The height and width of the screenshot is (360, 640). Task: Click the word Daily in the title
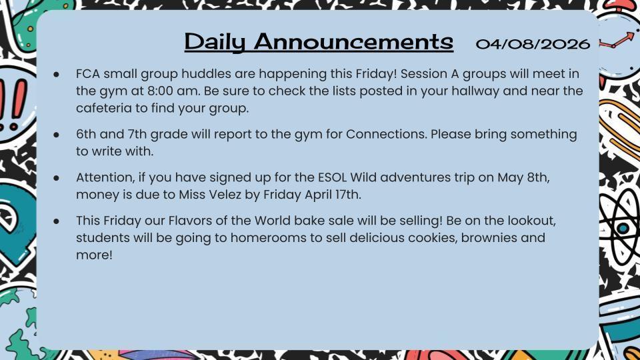[x=215, y=42]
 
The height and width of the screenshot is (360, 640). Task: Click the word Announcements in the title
[x=353, y=42]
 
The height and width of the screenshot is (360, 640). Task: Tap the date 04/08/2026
[x=533, y=44]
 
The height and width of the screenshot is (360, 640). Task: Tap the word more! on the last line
[x=94, y=255]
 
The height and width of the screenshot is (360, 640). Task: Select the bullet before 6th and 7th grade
[x=58, y=135]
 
